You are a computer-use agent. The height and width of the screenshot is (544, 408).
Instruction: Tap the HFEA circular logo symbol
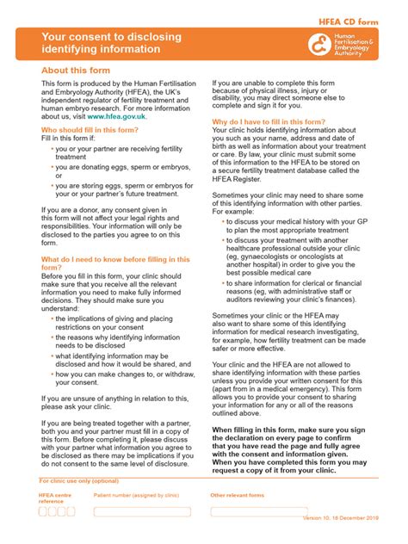(319, 44)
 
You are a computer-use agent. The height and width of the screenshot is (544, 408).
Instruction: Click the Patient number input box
(142, 511)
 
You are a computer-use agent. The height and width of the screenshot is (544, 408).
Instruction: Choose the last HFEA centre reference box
(71, 511)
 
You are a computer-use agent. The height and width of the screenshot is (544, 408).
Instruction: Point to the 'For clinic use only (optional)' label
(79, 481)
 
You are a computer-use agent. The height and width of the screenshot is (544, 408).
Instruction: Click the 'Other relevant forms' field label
(238, 496)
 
